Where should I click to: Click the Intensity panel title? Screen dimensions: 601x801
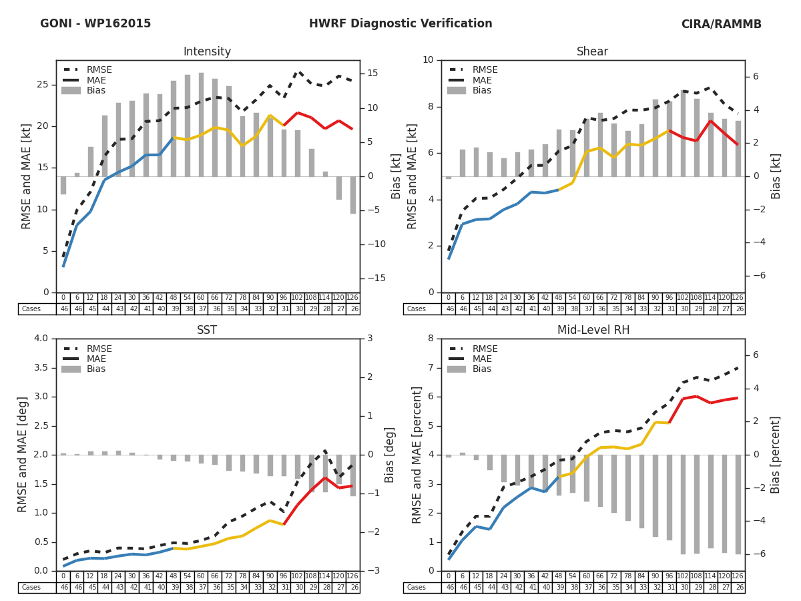(x=207, y=52)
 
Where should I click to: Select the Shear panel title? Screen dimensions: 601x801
(x=592, y=52)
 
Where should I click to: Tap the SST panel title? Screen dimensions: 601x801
(x=207, y=331)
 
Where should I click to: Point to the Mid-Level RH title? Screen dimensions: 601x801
(x=592, y=331)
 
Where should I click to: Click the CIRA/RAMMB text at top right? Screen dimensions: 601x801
(x=721, y=24)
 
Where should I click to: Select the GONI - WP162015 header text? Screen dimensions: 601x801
(x=95, y=24)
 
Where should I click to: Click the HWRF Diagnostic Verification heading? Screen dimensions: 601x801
(x=400, y=24)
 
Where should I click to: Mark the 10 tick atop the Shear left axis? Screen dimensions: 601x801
(x=427, y=60)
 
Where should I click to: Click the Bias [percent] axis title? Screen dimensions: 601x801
(x=776, y=455)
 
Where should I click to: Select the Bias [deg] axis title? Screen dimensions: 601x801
(x=390, y=455)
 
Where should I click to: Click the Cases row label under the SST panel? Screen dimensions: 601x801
(x=31, y=588)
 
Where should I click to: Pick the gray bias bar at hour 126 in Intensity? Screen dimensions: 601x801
(x=352, y=195)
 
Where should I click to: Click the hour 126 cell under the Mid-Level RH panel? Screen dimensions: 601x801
(x=738, y=576)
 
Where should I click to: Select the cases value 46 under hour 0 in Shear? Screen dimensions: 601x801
(x=449, y=309)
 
